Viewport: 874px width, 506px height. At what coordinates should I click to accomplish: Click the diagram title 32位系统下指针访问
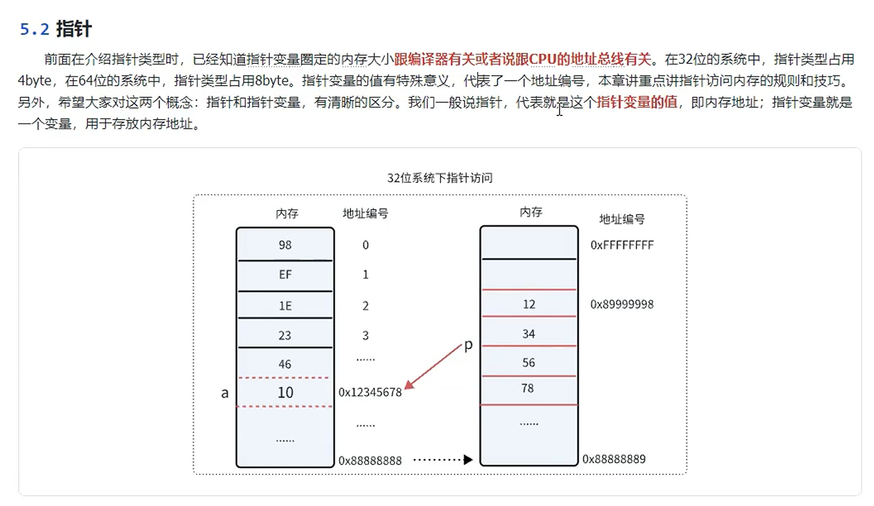tap(440, 179)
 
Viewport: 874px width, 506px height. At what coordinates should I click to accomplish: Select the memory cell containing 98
tap(285, 245)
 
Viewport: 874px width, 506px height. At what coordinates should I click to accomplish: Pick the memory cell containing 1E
tap(285, 304)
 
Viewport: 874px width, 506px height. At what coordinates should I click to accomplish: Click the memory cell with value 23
tap(285, 335)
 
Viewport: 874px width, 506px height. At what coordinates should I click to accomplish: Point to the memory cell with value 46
tap(285, 364)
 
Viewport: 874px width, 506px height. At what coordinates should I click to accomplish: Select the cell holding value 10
tap(285, 393)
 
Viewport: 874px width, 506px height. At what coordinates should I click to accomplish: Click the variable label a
tap(225, 393)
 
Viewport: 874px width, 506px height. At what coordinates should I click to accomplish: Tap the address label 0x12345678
tap(370, 393)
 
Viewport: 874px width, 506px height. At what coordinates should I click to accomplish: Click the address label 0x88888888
tap(370, 461)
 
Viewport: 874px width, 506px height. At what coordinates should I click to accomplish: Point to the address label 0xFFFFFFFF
tap(622, 245)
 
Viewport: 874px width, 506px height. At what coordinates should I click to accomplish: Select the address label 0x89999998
tap(622, 304)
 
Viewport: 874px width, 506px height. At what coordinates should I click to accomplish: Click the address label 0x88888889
tap(614, 459)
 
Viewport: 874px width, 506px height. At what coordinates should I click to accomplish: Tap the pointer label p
tap(468, 346)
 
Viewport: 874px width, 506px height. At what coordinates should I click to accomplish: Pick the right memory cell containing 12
tap(528, 304)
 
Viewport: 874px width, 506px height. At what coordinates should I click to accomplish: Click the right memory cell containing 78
tap(528, 389)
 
